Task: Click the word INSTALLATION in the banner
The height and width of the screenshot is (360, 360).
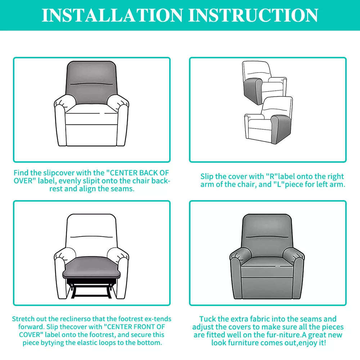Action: [112, 15]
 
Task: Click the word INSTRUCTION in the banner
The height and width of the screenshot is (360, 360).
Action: [253, 15]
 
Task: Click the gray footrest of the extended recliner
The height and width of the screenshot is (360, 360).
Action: [91, 267]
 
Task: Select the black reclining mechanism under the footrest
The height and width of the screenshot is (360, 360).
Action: [91, 288]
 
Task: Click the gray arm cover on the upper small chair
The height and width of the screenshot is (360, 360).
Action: [253, 91]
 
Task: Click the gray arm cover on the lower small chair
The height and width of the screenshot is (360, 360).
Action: [281, 129]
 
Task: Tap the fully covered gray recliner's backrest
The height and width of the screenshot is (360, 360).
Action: [267, 234]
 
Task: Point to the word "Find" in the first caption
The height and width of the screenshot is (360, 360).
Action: [21, 173]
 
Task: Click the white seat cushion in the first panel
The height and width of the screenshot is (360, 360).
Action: [91, 109]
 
